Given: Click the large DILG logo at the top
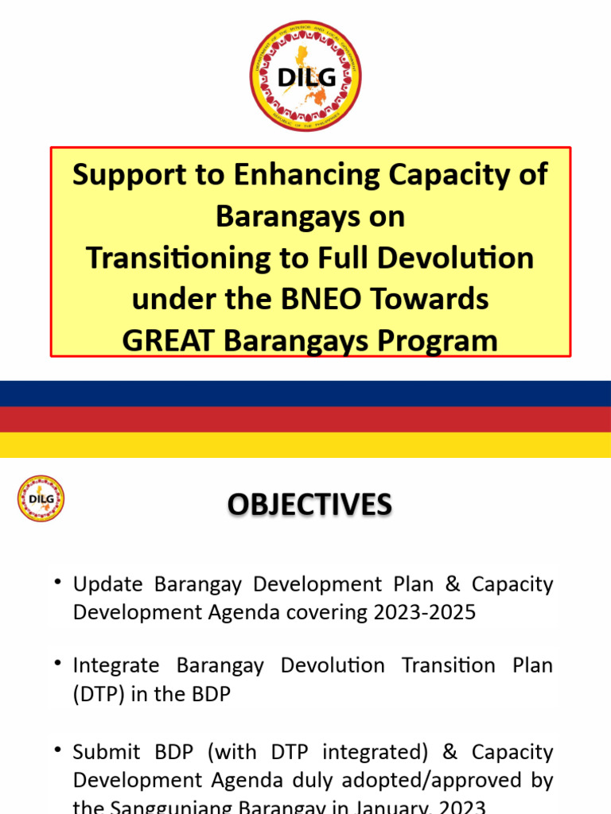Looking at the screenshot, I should [305, 76].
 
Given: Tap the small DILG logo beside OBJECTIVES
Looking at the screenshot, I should [41, 498].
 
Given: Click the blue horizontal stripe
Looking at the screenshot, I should [305, 393].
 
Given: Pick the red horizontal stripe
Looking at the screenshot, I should [305, 419].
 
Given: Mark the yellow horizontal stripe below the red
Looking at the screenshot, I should [305, 444].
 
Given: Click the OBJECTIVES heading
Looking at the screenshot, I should [309, 505].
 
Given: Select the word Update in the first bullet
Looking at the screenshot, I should [107, 584].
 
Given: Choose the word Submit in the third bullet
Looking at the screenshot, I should [106, 752].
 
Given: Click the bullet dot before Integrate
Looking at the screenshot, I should [58, 662].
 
